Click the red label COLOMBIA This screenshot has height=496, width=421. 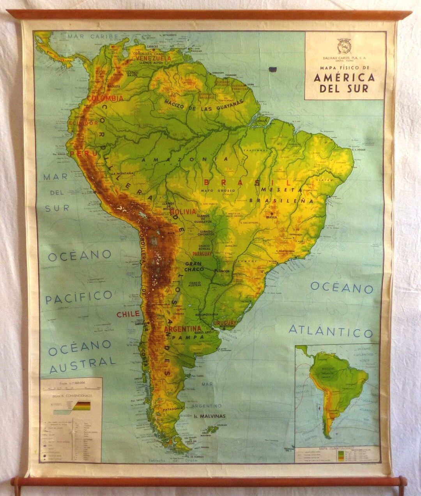pos(105,98)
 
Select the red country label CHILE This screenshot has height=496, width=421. pos(128,314)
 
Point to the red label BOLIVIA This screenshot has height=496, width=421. pos(183,211)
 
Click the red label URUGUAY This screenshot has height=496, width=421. pos(225,323)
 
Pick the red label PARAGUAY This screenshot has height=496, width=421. pos(200,253)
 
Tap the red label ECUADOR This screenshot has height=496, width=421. pos(83,123)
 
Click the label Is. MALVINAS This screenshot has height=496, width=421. pos(209,416)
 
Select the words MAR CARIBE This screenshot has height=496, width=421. pos(93,37)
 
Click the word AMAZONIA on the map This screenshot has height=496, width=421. pos(185,159)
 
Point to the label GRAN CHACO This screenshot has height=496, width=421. pos(195,267)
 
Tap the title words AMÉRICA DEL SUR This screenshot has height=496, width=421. pos(344,83)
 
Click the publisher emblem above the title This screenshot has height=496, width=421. pos(344,46)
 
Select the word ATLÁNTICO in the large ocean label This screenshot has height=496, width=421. pos(331,331)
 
